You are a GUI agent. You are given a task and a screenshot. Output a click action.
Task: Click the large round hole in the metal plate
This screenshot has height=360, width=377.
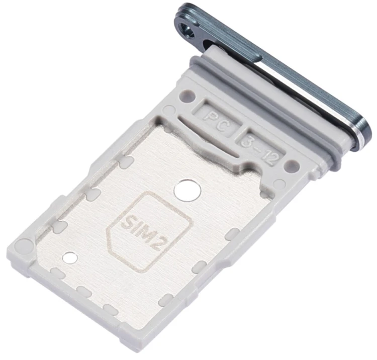click(x=187, y=190)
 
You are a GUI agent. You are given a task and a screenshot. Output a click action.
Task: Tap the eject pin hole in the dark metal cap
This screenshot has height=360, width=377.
click(x=189, y=31)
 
